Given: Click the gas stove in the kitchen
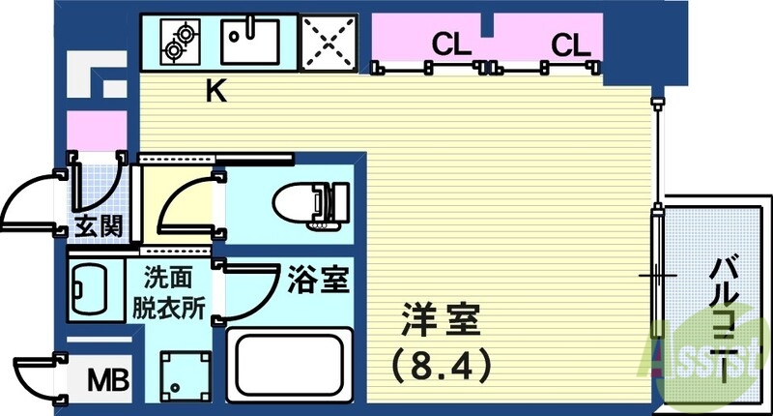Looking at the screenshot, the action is click(x=181, y=42).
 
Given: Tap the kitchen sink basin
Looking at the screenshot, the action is click(x=250, y=42).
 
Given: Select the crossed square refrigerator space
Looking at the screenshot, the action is click(x=329, y=43).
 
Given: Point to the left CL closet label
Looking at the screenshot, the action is click(x=451, y=45).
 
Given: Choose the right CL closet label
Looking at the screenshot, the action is click(x=570, y=45).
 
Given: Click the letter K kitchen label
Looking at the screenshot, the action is click(x=215, y=91).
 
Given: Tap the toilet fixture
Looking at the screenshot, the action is click(x=311, y=206).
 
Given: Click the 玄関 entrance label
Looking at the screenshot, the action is click(x=99, y=227).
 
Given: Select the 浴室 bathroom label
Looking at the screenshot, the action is click(x=319, y=279).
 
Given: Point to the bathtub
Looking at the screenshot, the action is click(x=289, y=365).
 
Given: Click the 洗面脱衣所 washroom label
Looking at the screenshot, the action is click(x=168, y=293).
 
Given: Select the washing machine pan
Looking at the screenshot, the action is click(x=186, y=375).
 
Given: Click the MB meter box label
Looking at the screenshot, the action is click(x=108, y=379).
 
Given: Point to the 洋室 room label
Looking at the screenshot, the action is click(x=441, y=320).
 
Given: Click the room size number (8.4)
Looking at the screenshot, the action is click(x=442, y=365).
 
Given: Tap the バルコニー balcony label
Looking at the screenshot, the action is click(x=724, y=316).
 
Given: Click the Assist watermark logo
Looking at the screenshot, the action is click(x=706, y=354).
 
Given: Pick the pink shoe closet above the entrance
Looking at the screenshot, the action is click(x=98, y=131).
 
